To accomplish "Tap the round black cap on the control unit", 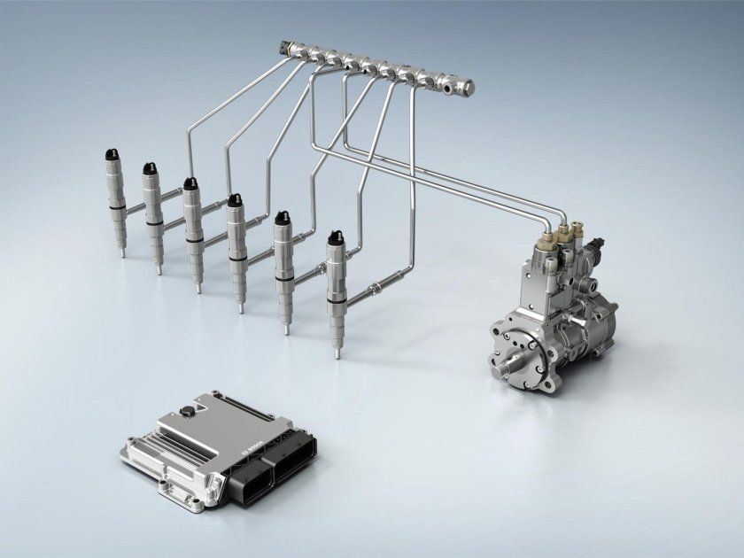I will (186, 411).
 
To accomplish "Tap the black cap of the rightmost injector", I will (335, 239).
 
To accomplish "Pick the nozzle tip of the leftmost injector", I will (123, 252).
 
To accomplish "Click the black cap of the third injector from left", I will (190, 184).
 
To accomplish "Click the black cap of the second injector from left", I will (150, 170).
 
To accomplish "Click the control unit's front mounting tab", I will (169, 485).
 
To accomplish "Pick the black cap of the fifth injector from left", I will (283, 218).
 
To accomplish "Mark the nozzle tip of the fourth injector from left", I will (240, 308).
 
